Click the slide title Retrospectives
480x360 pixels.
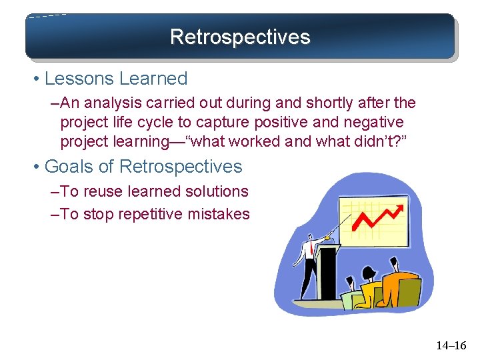(240, 36)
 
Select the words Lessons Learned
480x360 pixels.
(116, 79)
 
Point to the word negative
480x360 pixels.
(370, 123)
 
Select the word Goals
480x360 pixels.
(71, 167)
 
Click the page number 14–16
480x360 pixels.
(451, 345)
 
